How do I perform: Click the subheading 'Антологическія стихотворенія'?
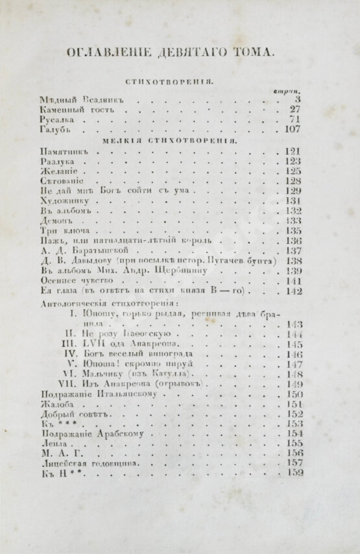112,302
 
